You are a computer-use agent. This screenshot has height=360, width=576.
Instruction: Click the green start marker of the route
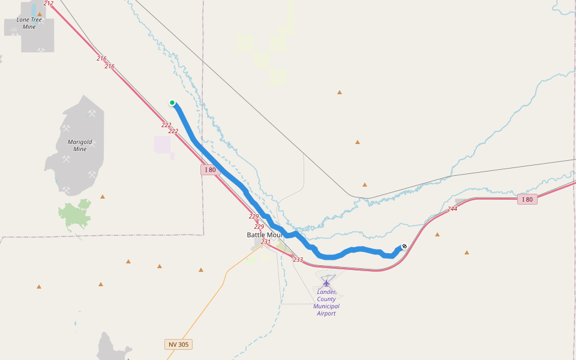click(172, 103)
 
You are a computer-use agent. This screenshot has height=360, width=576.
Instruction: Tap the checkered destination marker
click(404, 246)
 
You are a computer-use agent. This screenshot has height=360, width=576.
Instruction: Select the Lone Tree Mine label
click(29, 23)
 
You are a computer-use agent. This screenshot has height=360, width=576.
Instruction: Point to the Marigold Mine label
click(80, 145)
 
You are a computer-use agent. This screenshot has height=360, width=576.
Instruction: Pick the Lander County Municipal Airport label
click(326, 302)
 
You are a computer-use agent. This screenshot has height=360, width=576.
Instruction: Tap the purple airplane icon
click(326, 282)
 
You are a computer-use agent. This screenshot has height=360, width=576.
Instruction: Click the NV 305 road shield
click(178, 344)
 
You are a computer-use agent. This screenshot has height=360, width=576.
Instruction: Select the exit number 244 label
click(452, 209)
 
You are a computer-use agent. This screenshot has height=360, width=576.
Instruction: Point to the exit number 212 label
click(49, 4)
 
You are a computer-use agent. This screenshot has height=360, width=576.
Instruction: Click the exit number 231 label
click(266, 242)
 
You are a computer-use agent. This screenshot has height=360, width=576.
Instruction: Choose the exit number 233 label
click(298, 260)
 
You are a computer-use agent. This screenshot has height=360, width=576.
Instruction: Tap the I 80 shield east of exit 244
click(527, 199)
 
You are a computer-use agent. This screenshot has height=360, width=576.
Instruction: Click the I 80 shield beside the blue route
click(209, 170)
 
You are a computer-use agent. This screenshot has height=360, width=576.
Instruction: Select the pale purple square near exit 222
click(163, 144)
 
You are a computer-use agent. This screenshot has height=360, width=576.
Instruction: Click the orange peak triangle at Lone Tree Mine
click(40, 14)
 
